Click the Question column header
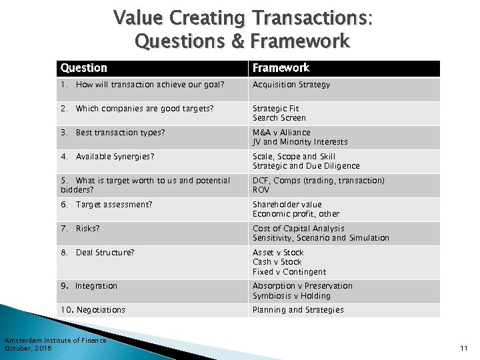tap(83, 68)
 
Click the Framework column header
tap(280, 68)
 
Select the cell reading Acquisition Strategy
tap(291, 85)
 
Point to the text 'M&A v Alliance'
tap(281, 133)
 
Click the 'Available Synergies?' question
tap(115, 157)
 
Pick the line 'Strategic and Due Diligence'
tap(305, 166)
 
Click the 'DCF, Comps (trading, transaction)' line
tap(318, 181)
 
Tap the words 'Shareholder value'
tap(287, 205)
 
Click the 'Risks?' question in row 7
tap(87, 229)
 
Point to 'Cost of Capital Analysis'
tap(298, 229)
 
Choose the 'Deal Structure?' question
tap(105, 253)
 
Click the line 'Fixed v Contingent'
tap(289, 272)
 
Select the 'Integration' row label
tap(96, 286)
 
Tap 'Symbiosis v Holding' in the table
tap(291, 296)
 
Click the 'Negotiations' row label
tap(101, 310)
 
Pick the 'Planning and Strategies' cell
tap(298, 310)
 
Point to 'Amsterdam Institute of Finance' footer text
tap(55, 341)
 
